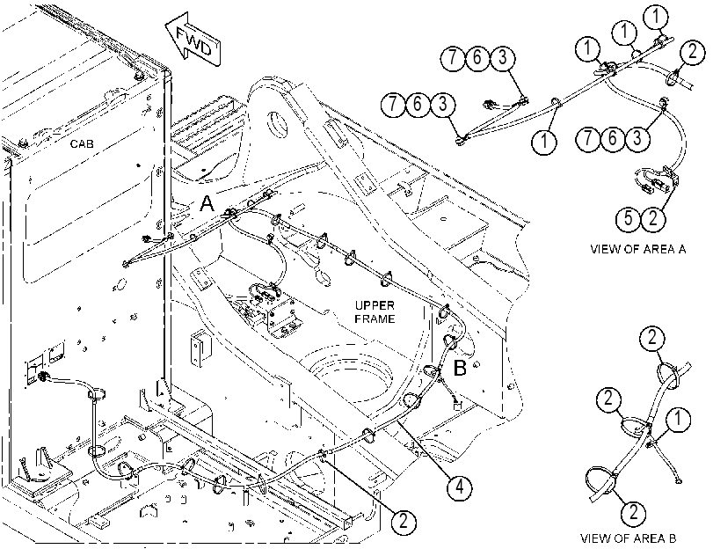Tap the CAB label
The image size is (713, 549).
(x=82, y=144)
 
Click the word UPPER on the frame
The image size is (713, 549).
(x=375, y=305)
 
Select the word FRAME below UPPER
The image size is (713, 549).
(x=375, y=318)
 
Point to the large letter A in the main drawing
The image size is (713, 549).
(x=207, y=203)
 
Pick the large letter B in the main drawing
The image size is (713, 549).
(x=460, y=368)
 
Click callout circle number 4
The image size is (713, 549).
(x=459, y=487)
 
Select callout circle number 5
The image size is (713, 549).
(x=629, y=218)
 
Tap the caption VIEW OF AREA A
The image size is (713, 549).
(x=637, y=249)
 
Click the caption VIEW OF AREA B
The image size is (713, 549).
(x=628, y=538)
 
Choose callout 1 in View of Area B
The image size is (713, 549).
(x=678, y=419)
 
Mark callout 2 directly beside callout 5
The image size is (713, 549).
(x=653, y=218)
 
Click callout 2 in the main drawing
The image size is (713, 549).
(x=403, y=520)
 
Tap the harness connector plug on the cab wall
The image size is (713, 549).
(x=44, y=377)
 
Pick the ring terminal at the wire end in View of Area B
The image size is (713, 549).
(x=679, y=479)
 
